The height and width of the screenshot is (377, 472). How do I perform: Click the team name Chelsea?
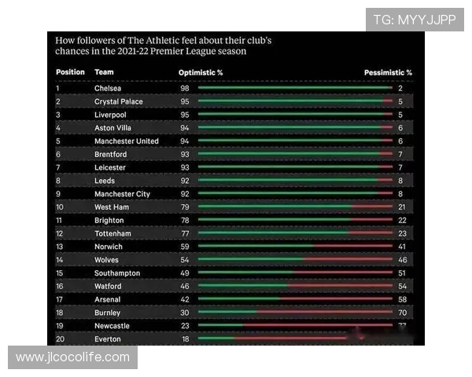click(x=108, y=89)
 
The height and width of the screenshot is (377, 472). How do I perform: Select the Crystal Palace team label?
click(x=118, y=101)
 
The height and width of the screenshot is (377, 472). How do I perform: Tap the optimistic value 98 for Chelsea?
click(x=183, y=89)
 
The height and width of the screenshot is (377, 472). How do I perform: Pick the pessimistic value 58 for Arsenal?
click(x=401, y=299)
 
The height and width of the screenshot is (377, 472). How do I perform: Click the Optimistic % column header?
click(x=201, y=72)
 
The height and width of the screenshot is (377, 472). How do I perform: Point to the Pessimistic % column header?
click(x=388, y=72)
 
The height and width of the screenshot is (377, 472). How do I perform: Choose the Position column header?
click(x=69, y=72)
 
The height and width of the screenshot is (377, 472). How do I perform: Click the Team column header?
click(x=103, y=72)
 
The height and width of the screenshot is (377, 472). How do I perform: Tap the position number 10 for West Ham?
click(x=60, y=207)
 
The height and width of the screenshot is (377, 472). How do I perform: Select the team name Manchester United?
click(x=126, y=141)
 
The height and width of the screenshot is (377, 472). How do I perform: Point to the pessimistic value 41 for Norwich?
click(x=401, y=247)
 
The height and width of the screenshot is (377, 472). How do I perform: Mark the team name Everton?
click(x=108, y=339)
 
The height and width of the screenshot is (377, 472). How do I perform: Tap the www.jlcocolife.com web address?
click(x=72, y=357)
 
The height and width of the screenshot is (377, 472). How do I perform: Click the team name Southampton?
click(x=117, y=273)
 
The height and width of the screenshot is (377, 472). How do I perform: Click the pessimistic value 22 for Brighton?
click(x=401, y=221)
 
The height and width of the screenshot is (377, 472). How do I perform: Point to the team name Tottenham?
click(x=112, y=234)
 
